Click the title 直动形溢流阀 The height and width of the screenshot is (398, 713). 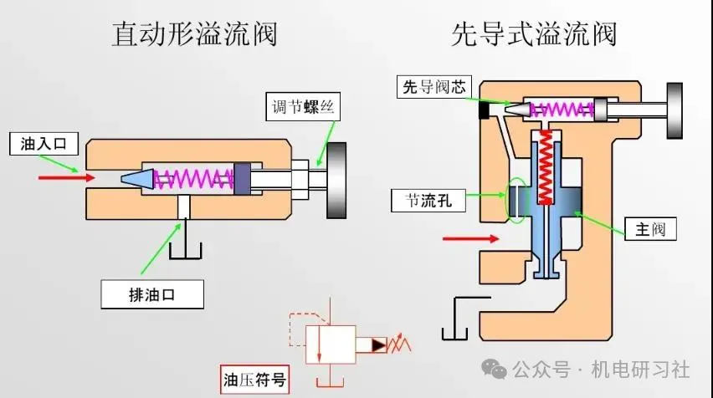click(x=194, y=34)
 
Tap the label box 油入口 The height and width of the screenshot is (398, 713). click(x=43, y=145)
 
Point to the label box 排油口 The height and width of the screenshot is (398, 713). click(x=152, y=293)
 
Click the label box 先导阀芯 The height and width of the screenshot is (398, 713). click(x=435, y=87)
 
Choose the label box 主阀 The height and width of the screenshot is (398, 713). click(x=649, y=228)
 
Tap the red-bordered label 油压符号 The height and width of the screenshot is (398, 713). click(x=255, y=380)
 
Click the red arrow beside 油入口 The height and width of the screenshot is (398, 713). click(x=59, y=178)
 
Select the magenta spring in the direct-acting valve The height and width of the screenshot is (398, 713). click(x=194, y=178)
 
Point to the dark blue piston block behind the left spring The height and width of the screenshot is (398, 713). click(x=242, y=178)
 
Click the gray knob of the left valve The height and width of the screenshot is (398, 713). click(x=336, y=179)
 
